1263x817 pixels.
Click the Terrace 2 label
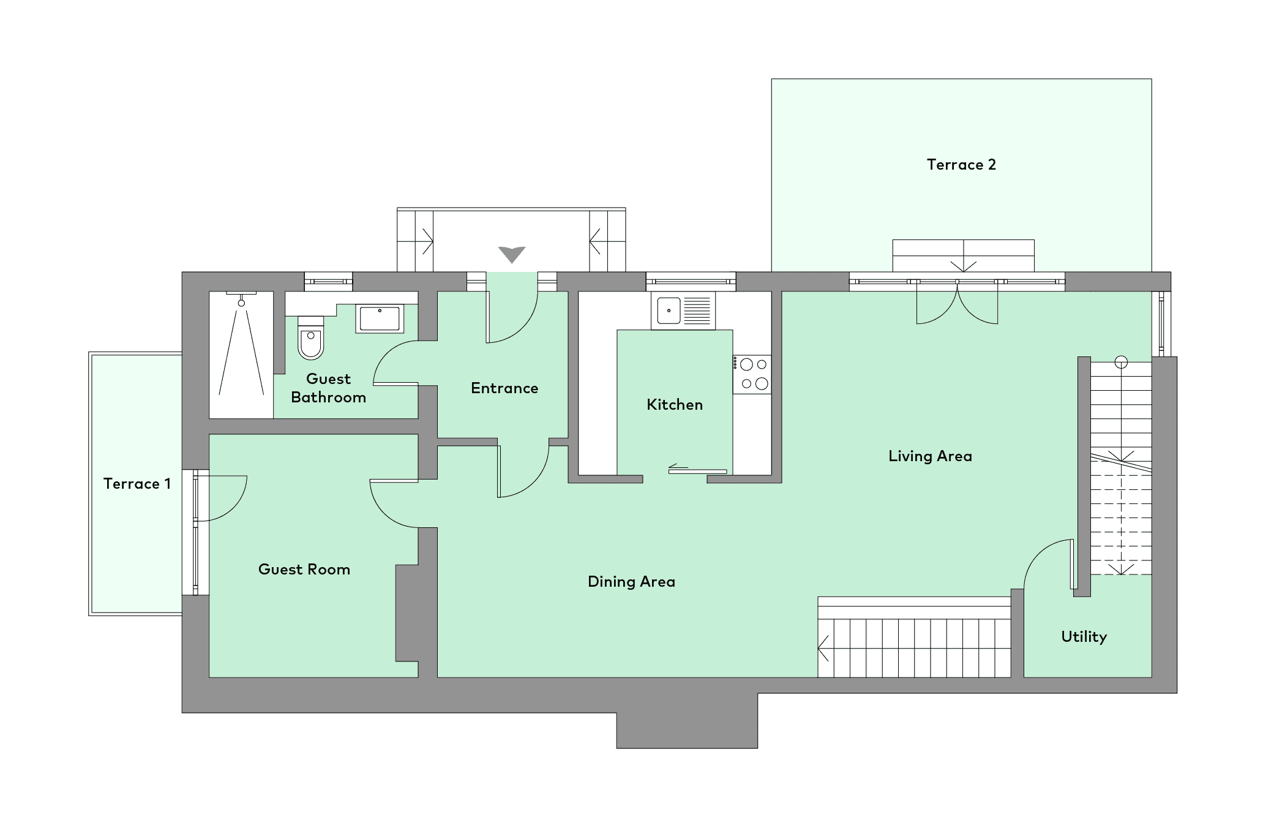pyautogui.click(x=961, y=164)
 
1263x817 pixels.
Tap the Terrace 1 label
pyautogui.click(x=137, y=484)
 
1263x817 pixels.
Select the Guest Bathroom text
pyautogui.click(x=329, y=388)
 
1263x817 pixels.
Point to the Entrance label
pyautogui.click(x=504, y=388)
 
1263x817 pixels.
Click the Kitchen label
pyautogui.click(x=675, y=405)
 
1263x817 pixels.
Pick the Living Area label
pyautogui.click(x=930, y=456)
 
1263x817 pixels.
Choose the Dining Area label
pyautogui.click(x=631, y=582)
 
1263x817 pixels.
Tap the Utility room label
pyautogui.click(x=1084, y=637)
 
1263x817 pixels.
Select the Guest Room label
pyautogui.click(x=304, y=570)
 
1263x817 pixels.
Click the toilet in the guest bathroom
pyautogui.click(x=311, y=337)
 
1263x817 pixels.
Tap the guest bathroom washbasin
pyautogui.click(x=380, y=318)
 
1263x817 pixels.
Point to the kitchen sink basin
pyautogui.click(x=669, y=311)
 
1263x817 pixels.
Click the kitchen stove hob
pyautogui.click(x=752, y=374)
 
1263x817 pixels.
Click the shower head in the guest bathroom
pyautogui.click(x=241, y=303)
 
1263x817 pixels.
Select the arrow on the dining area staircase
pyautogui.click(x=823, y=649)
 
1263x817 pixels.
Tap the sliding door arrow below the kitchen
pyautogui.click(x=678, y=467)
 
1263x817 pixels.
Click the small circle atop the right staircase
pyautogui.click(x=1121, y=362)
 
